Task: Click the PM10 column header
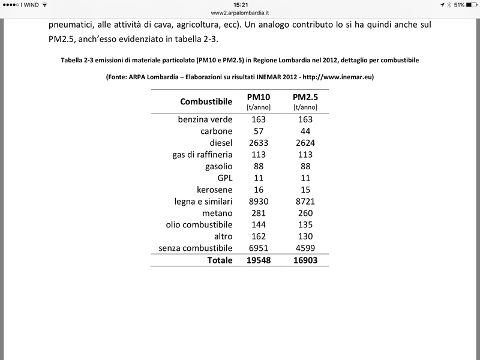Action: click(259, 98)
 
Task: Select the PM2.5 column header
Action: click(304, 98)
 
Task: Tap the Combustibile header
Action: click(206, 102)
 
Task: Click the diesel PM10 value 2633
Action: click(259, 143)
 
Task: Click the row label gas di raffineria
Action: click(202, 155)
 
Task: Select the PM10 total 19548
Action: click(259, 260)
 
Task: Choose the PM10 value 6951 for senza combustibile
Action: click(259, 248)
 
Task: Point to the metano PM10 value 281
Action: click(259, 213)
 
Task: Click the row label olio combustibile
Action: click(199, 225)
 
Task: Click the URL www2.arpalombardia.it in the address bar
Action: click(240, 12)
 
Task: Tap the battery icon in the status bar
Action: click(470, 4)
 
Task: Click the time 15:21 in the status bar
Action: click(240, 4)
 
